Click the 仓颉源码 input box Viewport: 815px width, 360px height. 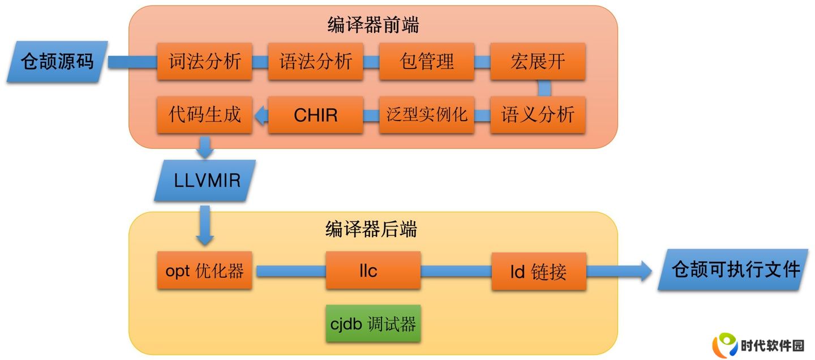coord(58,62)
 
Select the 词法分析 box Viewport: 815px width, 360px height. coord(204,61)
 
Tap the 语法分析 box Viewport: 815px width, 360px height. coord(315,61)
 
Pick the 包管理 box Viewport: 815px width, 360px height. coord(426,61)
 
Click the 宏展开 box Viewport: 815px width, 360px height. coord(538,61)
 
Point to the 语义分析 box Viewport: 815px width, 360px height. coord(538,115)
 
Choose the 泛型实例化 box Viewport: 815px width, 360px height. coord(426,115)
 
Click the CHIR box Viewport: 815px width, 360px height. coord(315,115)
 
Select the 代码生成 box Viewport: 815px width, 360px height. coord(204,115)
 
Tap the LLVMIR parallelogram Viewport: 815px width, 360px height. coord(205,181)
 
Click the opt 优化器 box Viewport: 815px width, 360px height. coord(204,271)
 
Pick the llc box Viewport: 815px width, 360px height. coord(374,271)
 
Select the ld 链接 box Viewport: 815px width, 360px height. coord(539,271)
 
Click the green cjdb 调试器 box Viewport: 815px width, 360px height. coord(374,323)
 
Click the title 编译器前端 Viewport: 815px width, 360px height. coord(374,25)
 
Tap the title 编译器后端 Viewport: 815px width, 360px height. coord(371,229)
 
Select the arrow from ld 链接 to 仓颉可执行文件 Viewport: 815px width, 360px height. coord(619,271)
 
